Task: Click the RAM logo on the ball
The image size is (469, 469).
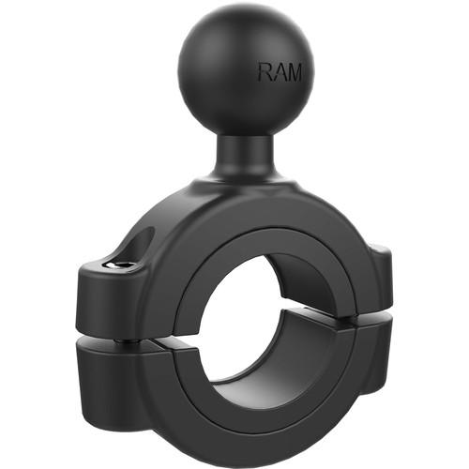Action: [280, 71]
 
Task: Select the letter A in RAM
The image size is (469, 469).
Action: [280, 71]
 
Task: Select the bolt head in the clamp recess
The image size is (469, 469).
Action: [119, 265]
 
